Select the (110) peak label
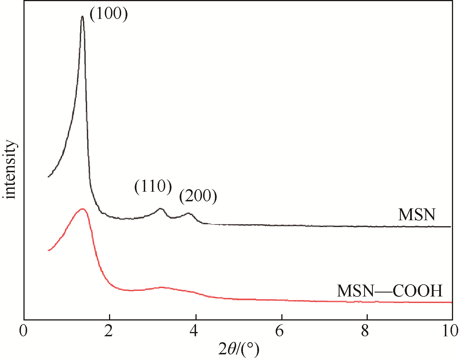pos(153,187)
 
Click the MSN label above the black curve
pos(417,215)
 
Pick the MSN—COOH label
pos(390,291)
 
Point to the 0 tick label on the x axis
pos(23,331)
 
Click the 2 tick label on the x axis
pos(109,331)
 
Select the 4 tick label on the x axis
pos(194,331)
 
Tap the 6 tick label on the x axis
pos(280,331)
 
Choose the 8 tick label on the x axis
pos(365,331)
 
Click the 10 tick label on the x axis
pos(450,331)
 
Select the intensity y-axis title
pos(10,169)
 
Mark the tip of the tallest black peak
pos(82,16)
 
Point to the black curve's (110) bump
pos(161,209)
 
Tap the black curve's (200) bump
pos(188,213)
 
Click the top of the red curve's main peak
pos(82,209)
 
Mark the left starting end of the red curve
pos(49,250)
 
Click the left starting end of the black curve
pos(49,177)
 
